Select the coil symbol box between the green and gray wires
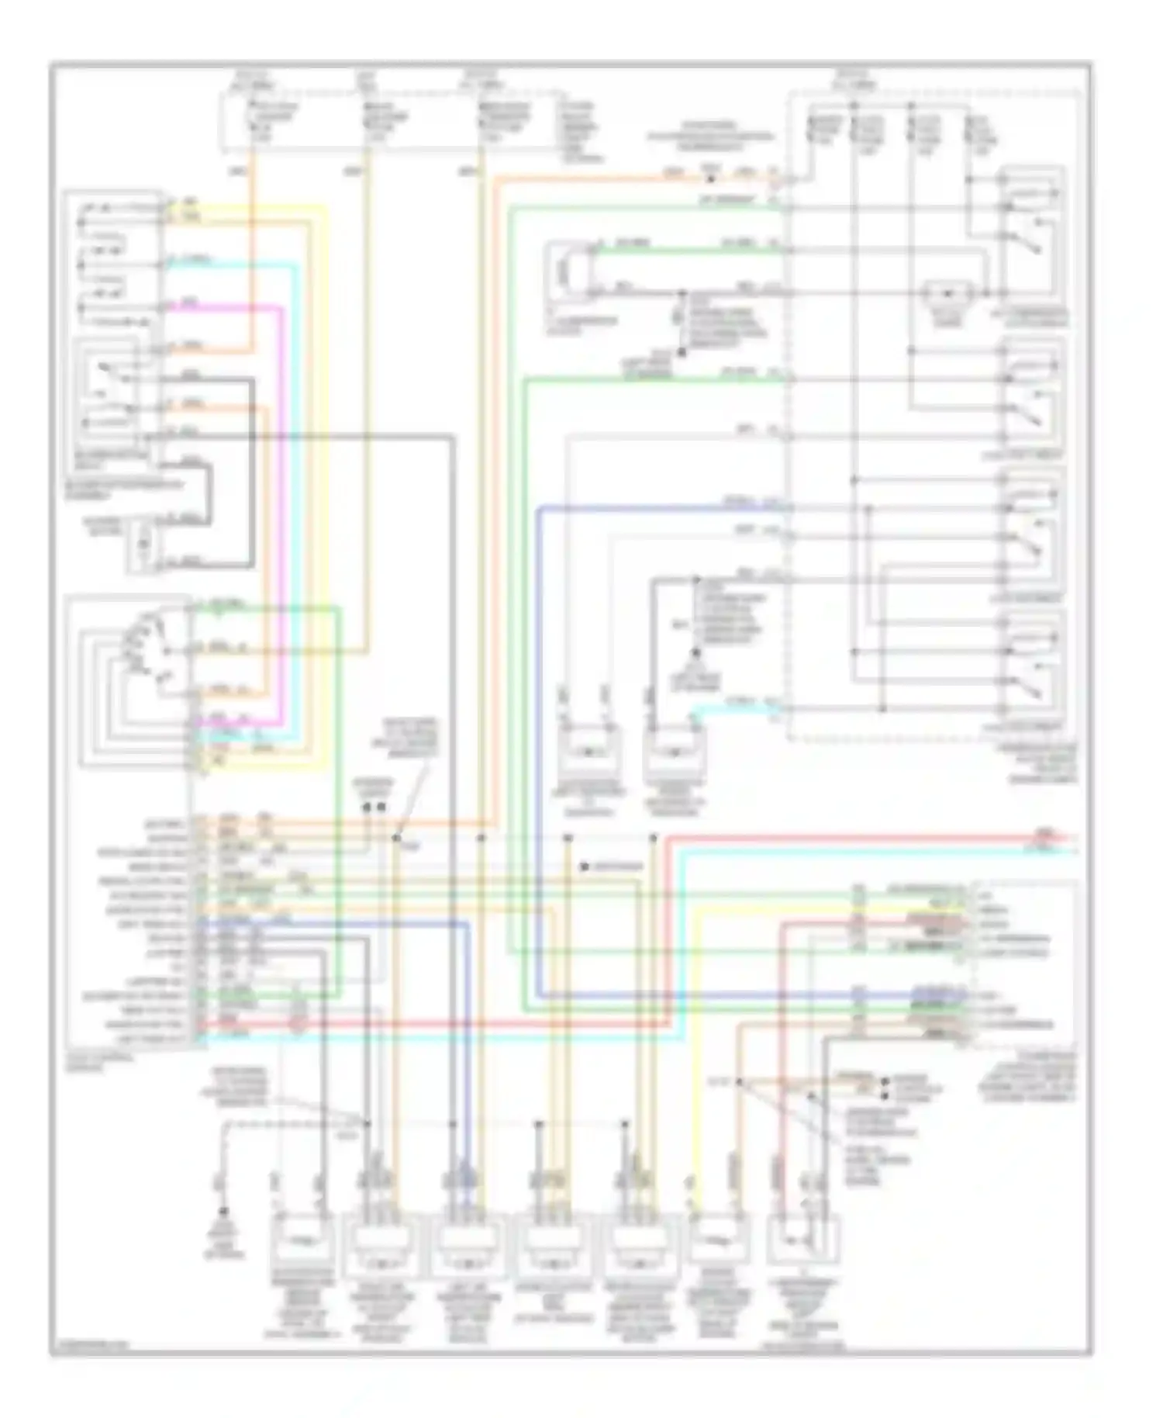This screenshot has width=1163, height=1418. click(565, 272)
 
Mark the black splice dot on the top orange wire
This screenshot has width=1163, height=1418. click(709, 178)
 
